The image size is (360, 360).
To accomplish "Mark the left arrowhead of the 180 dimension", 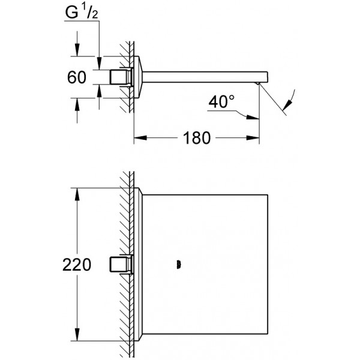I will pyautogui.click(x=137, y=137).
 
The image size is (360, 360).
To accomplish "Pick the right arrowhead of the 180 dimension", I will pyautogui.click(x=256, y=137).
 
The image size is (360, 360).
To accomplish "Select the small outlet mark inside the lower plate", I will pyautogui.click(x=178, y=264).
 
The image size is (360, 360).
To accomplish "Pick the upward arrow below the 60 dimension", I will pyautogui.click(x=77, y=101).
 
